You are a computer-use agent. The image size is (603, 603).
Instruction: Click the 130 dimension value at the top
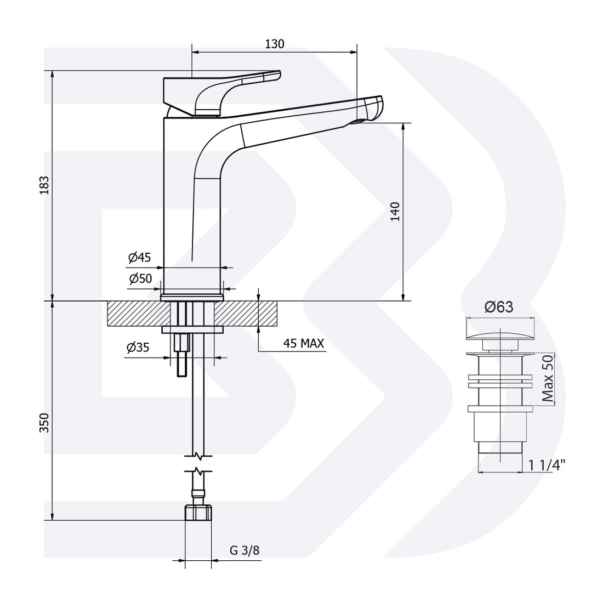click(x=275, y=44)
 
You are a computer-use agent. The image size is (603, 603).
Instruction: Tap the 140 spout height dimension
click(x=395, y=212)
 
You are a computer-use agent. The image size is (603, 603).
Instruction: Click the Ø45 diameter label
click(x=140, y=257)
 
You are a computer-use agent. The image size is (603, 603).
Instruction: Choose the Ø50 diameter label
click(x=140, y=279)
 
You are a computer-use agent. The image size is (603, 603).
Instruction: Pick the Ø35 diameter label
click(x=138, y=348)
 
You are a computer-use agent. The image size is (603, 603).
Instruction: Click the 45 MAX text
click(x=304, y=344)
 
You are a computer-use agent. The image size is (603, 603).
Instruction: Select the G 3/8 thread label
click(x=244, y=551)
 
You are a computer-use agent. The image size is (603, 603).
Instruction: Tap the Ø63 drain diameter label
click(x=498, y=308)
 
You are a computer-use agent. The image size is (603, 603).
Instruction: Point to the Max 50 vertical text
click(x=547, y=379)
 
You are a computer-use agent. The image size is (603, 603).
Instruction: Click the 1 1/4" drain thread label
click(x=547, y=465)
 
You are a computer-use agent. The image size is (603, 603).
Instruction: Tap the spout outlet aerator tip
click(x=361, y=121)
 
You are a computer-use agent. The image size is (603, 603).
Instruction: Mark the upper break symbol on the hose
click(x=198, y=455)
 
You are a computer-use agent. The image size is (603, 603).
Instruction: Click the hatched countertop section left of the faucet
click(x=134, y=314)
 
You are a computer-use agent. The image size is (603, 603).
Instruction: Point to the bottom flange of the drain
click(x=499, y=408)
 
